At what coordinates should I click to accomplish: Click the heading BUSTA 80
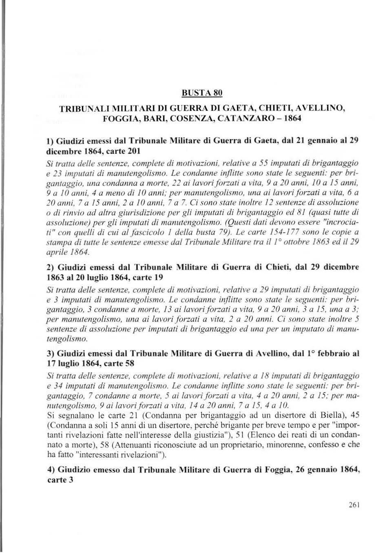202,93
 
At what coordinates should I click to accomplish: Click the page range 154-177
291,232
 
